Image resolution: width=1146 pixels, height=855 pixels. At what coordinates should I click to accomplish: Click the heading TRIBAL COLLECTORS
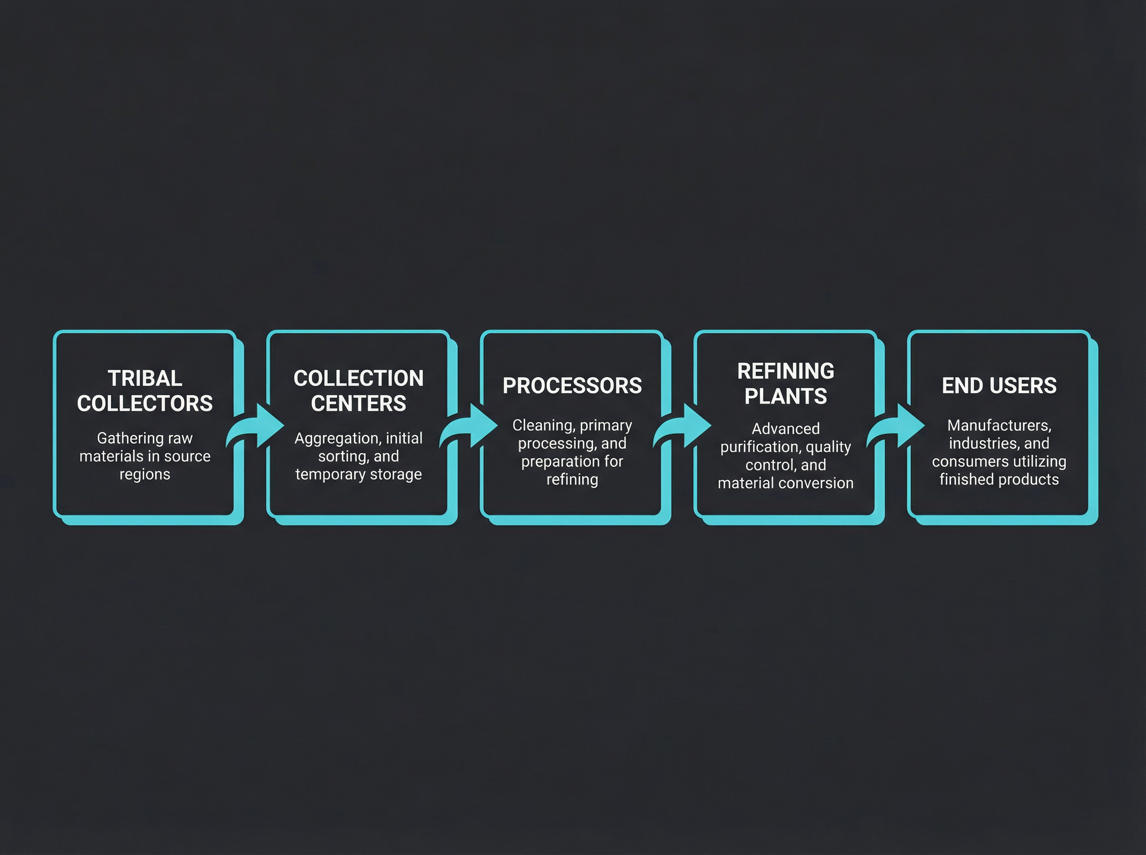(145, 391)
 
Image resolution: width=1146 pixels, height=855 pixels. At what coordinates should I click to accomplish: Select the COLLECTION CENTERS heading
(358, 391)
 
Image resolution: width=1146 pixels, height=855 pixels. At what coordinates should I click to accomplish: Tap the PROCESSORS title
(572, 386)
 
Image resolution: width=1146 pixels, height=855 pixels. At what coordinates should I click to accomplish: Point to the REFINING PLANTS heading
(785, 384)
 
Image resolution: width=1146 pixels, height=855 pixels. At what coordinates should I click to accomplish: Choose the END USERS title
(999, 386)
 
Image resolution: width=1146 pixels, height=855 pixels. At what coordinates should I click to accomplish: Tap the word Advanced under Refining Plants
(785, 428)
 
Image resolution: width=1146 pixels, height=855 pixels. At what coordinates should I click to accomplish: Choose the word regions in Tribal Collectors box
(145, 475)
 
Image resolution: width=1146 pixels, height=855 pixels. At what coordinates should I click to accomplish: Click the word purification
(753, 447)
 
